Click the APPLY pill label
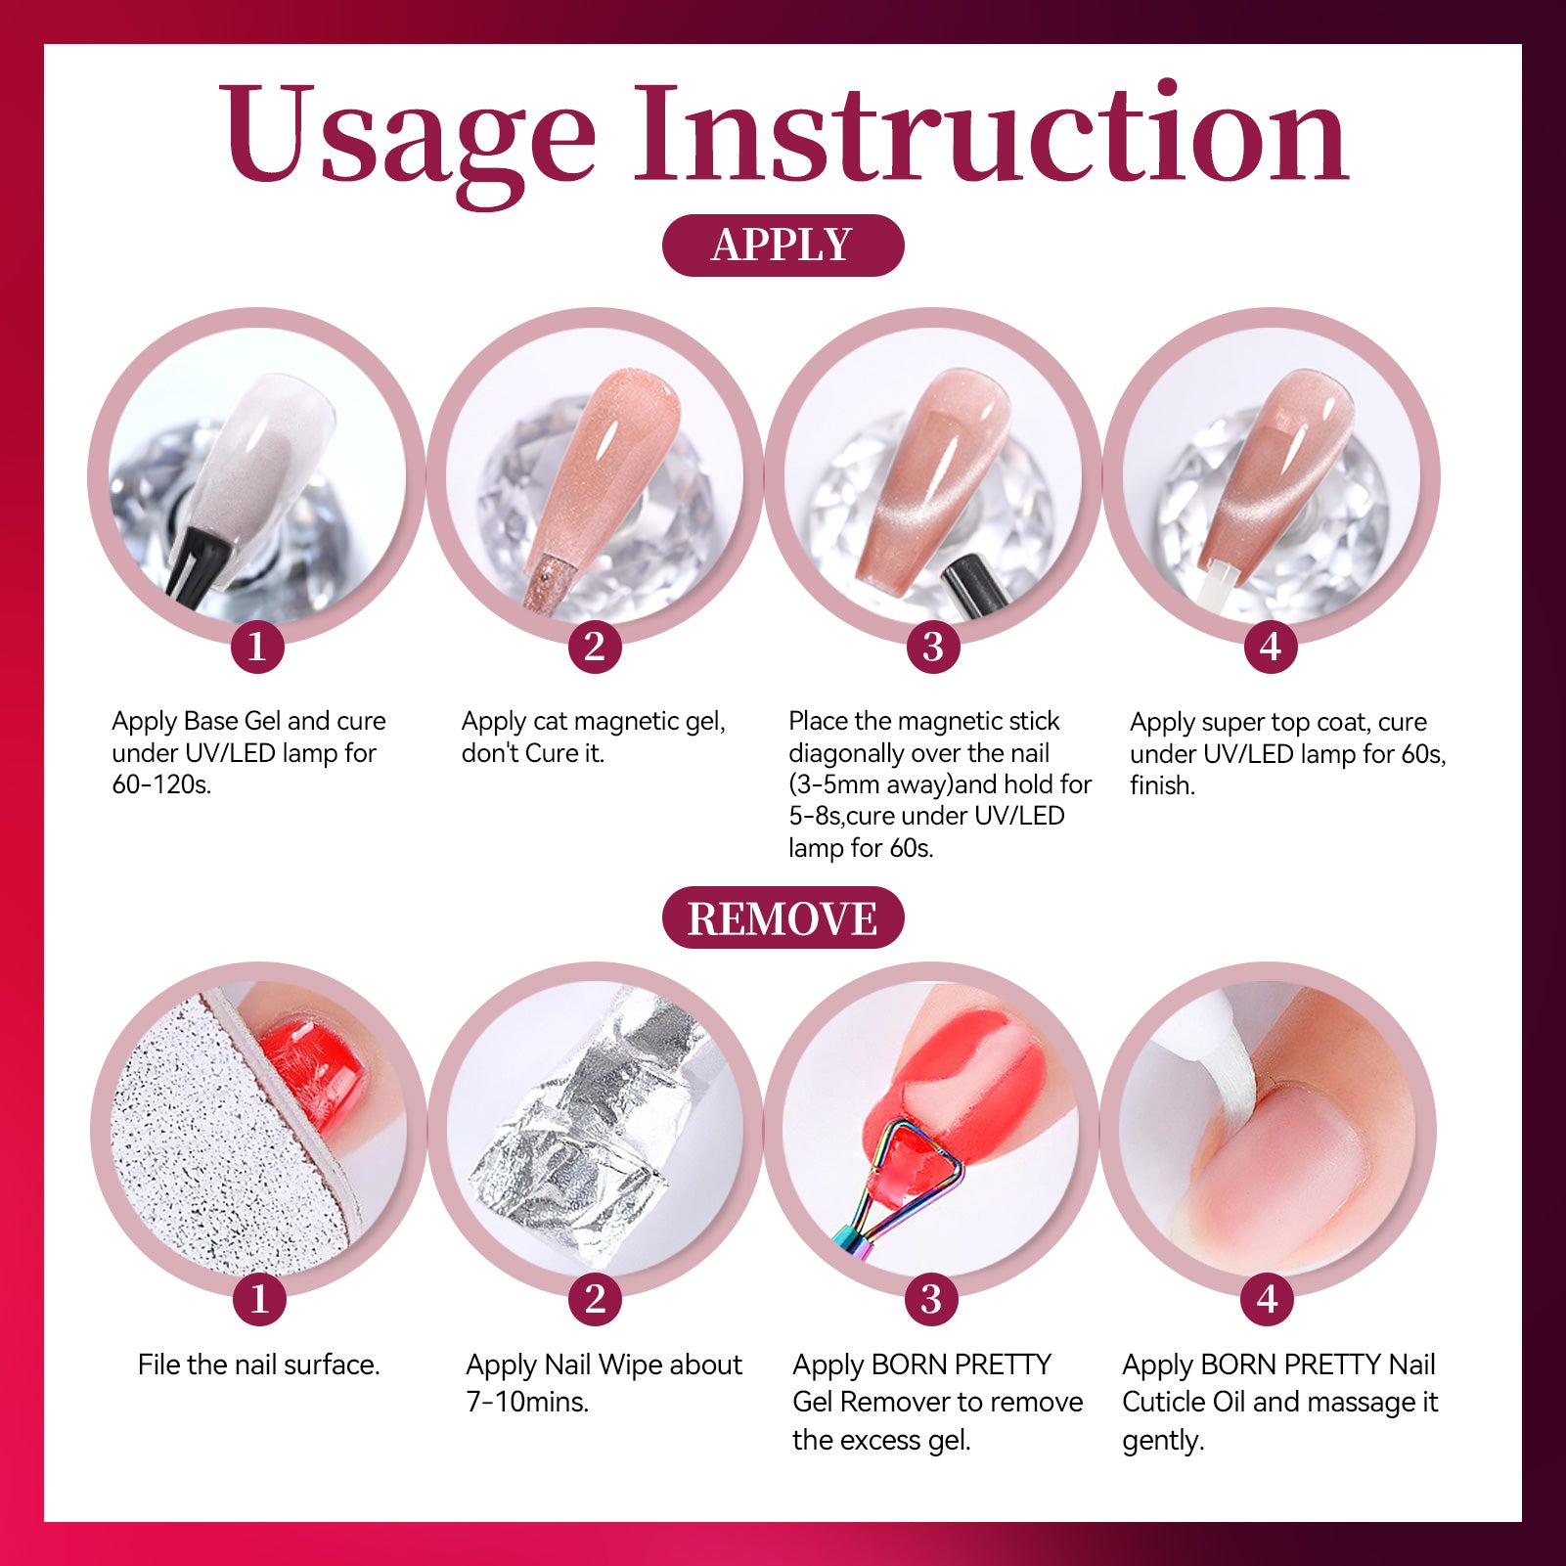(783, 245)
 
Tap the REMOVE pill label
(783, 917)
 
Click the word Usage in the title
(407, 137)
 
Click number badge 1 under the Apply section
(257, 646)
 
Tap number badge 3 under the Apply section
(932, 646)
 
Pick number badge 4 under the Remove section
(1268, 1299)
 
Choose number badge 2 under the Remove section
(595, 1299)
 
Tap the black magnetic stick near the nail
(975, 587)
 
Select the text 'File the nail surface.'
(258, 1365)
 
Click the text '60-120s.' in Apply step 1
(161, 784)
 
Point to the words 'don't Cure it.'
(533, 753)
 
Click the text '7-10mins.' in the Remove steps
(527, 1402)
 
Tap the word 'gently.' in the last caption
(1163, 1442)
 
